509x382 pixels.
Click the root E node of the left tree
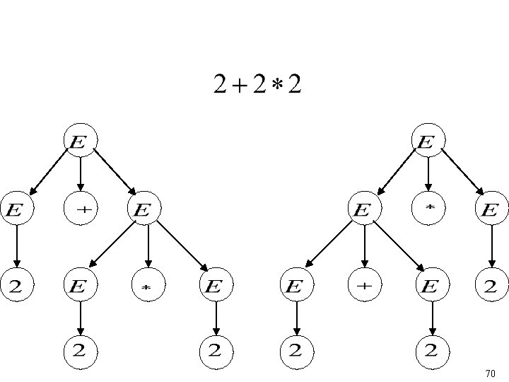click(x=80, y=141)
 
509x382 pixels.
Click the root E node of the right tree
click(x=428, y=141)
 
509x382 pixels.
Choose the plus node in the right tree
click(x=364, y=286)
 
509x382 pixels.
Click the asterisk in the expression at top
click(x=274, y=85)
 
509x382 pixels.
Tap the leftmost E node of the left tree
click(x=16, y=209)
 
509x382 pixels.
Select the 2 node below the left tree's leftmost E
click(x=16, y=286)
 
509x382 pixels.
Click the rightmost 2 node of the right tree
click(x=492, y=286)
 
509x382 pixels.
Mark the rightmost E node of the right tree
click(x=492, y=209)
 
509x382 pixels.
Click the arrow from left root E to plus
click(x=80, y=174)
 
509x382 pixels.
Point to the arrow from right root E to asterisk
click(x=428, y=174)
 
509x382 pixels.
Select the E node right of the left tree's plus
click(x=144, y=209)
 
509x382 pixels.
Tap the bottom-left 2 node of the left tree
click(x=80, y=349)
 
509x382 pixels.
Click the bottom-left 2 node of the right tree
click(x=296, y=349)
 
